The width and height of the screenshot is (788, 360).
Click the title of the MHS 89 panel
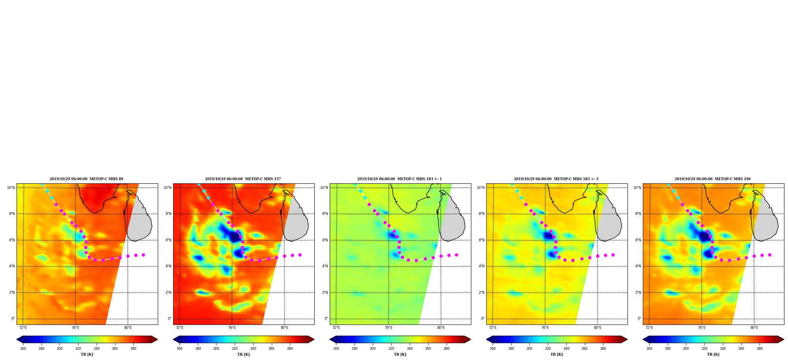[x=86, y=179]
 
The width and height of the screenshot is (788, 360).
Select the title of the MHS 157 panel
[x=243, y=179]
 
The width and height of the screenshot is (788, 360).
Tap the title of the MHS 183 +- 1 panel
[x=400, y=179]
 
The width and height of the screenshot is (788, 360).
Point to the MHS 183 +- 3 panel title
[x=556, y=179]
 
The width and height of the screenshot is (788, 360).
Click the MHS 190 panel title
[x=713, y=179]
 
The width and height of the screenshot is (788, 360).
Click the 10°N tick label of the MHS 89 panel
[x=11, y=188]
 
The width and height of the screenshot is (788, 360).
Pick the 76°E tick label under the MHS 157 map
[x=232, y=328]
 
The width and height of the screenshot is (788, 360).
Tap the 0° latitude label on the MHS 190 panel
[x=639, y=319]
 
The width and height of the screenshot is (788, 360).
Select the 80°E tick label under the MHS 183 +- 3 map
[x=598, y=328]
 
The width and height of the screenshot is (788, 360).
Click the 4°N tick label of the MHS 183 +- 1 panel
[x=325, y=266]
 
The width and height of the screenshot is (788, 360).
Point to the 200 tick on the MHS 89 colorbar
[x=60, y=349]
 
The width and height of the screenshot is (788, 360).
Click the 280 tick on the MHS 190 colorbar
[x=760, y=349]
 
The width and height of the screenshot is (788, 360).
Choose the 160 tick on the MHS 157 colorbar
[x=179, y=349]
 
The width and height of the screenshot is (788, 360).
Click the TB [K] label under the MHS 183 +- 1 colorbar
[x=400, y=354]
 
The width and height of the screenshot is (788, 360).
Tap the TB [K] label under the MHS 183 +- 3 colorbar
[x=556, y=354]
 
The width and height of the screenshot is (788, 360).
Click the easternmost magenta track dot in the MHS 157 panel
[x=300, y=255]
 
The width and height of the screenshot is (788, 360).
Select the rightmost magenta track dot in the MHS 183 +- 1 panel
[x=456, y=255]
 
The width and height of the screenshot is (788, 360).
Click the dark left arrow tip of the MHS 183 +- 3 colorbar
[x=487, y=339]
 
